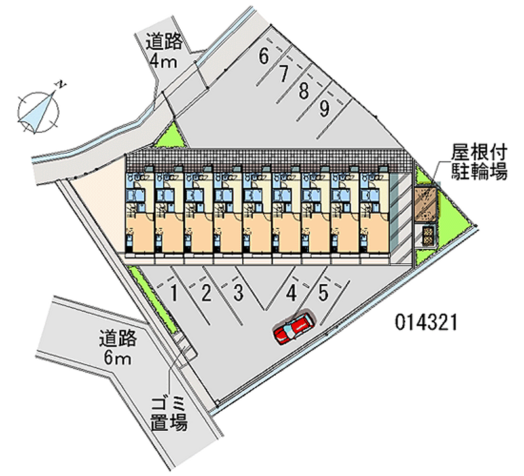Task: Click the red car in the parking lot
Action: (x=294, y=327)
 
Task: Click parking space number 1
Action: (x=174, y=293)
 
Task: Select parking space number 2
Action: (x=206, y=293)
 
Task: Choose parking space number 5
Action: (x=324, y=292)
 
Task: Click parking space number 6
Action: (x=263, y=56)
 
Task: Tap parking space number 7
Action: (x=284, y=74)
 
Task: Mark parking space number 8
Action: (x=303, y=91)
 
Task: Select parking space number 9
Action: (x=324, y=109)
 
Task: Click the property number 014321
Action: (x=425, y=321)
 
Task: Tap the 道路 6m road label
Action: (x=118, y=348)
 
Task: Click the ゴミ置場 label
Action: (x=170, y=412)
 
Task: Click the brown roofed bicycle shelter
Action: (x=425, y=203)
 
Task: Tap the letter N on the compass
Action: (x=60, y=84)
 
